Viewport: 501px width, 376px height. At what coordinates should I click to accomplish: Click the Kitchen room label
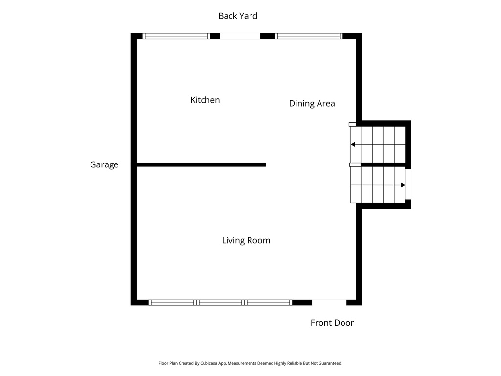tap(205, 100)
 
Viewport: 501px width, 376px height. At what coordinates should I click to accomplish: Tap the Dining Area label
tap(312, 103)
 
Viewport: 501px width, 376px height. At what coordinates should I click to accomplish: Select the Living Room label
tap(246, 240)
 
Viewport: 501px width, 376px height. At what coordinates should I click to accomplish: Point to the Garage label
tap(104, 165)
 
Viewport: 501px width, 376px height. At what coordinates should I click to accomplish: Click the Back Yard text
tap(238, 16)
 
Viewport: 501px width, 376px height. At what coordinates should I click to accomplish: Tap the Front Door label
tap(332, 323)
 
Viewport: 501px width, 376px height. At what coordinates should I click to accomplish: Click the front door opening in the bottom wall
tap(329, 303)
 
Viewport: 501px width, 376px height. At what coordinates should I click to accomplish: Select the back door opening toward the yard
tap(240, 36)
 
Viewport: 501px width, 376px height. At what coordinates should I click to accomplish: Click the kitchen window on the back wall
tap(176, 36)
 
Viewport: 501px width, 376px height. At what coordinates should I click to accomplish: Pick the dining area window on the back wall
tap(309, 36)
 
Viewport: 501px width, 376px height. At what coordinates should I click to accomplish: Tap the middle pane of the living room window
tap(220, 303)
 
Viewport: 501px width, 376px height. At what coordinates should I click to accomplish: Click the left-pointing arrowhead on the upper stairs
tap(353, 144)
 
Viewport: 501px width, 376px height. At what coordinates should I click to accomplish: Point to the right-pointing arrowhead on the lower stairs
tap(403, 185)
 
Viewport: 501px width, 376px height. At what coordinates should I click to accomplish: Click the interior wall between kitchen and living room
tap(201, 164)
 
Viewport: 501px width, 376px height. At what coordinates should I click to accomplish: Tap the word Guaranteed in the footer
tap(330, 363)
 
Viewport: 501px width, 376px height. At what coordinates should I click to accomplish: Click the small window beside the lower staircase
tap(409, 184)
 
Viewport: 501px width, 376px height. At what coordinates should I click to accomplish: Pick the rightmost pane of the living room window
tap(269, 303)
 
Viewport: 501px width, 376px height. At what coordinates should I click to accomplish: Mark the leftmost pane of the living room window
tap(172, 303)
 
